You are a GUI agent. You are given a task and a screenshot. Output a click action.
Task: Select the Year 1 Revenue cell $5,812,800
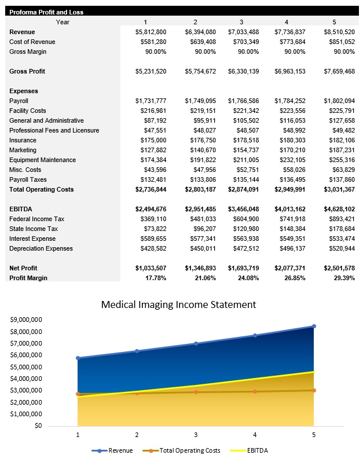[x=151, y=32]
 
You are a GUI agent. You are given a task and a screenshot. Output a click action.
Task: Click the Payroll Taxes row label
[x=28, y=179]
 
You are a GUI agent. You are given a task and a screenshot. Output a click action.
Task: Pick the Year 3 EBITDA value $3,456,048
[x=244, y=209]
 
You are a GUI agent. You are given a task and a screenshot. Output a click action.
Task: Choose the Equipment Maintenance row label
[x=42, y=160]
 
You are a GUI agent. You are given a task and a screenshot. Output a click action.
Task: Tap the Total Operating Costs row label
[x=42, y=189]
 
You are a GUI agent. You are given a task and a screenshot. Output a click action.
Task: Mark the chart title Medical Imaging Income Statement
[x=178, y=304]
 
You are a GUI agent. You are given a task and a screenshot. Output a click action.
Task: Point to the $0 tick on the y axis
[x=37, y=425]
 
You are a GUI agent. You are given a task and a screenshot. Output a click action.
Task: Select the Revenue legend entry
[x=116, y=450]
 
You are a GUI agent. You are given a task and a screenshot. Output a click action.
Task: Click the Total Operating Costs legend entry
[x=185, y=450]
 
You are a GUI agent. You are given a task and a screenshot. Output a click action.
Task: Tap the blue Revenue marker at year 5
[x=314, y=326]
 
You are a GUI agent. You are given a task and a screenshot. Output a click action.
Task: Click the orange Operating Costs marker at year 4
[x=255, y=391]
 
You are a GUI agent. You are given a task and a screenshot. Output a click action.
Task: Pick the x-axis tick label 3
[x=196, y=434]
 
